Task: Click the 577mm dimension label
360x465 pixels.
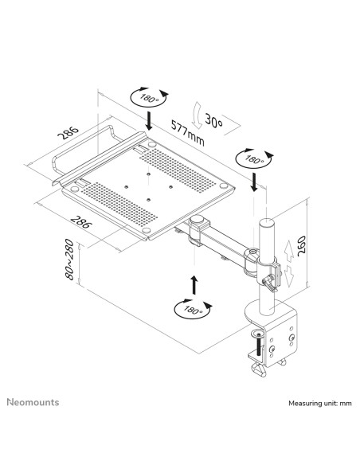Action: point(187,132)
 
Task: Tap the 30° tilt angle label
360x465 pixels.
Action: point(213,121)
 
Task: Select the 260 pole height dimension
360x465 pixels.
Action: point(301,244)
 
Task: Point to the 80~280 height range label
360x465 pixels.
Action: point(69,260)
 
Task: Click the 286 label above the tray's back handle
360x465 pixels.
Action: point(68,132)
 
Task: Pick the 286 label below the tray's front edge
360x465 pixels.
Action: point(80,222)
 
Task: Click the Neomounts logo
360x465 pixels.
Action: point(33,402)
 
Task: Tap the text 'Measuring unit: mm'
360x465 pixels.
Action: point(320,404)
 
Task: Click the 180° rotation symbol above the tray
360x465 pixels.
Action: point(149,97)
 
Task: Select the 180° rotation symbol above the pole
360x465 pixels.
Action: point(254,159)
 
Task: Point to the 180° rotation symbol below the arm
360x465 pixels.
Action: point(193,309)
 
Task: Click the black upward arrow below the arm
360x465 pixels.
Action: point(194,284)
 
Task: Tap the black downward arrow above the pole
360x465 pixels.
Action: point(254,182)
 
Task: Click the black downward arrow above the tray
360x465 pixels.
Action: point(149,121)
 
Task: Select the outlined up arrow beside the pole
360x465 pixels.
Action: point(288,252)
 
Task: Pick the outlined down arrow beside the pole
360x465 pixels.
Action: point(289,276)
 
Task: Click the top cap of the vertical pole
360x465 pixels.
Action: point(266,222)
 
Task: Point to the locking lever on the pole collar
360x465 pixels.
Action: point(269,283)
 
